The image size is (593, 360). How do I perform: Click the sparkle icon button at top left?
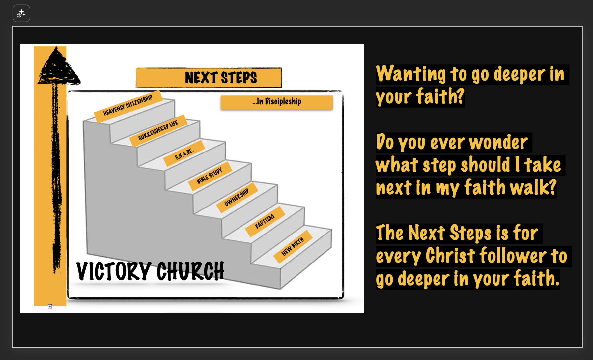[21, 14]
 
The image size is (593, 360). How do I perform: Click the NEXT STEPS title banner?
[209, 78]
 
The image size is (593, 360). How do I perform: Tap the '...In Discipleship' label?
[277, 102]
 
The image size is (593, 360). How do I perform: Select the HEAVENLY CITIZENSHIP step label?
[128, 106]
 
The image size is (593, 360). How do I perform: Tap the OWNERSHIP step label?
[237, 197]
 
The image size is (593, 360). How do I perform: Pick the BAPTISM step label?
[265, 221]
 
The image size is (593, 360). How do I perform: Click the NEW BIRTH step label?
[293, 246]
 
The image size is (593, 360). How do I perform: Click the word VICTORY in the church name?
[114, 271]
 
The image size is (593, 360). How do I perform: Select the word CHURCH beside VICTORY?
[190, 271]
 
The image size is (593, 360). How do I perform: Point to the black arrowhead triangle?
[58, 66]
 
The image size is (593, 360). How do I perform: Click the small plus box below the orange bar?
[50, 306]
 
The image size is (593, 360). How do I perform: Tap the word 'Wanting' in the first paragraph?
[411, 74]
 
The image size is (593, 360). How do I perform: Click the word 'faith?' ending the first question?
[440, 97]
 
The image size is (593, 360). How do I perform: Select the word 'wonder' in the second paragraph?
[498, 143]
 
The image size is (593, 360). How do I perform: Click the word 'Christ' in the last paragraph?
[450, 256]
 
